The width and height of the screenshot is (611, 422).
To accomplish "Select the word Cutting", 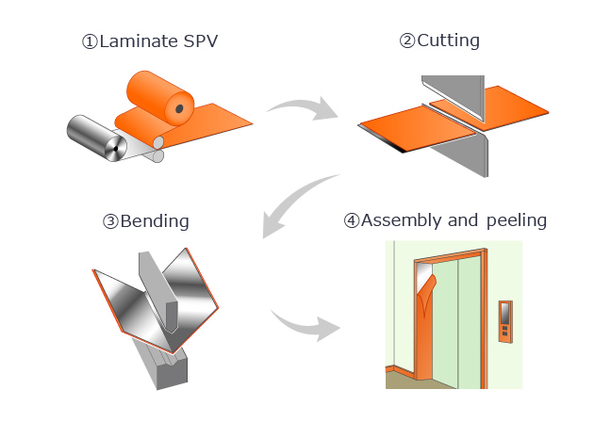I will click(x=448, y=41).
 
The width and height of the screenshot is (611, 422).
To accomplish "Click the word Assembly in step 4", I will click(x=399, y=221).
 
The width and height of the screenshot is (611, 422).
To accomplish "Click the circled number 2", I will click(x=407, y=41).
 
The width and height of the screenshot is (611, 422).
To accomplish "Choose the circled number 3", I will click(x=110, y=222).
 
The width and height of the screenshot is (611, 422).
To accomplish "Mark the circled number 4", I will click(x=352, y=221).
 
